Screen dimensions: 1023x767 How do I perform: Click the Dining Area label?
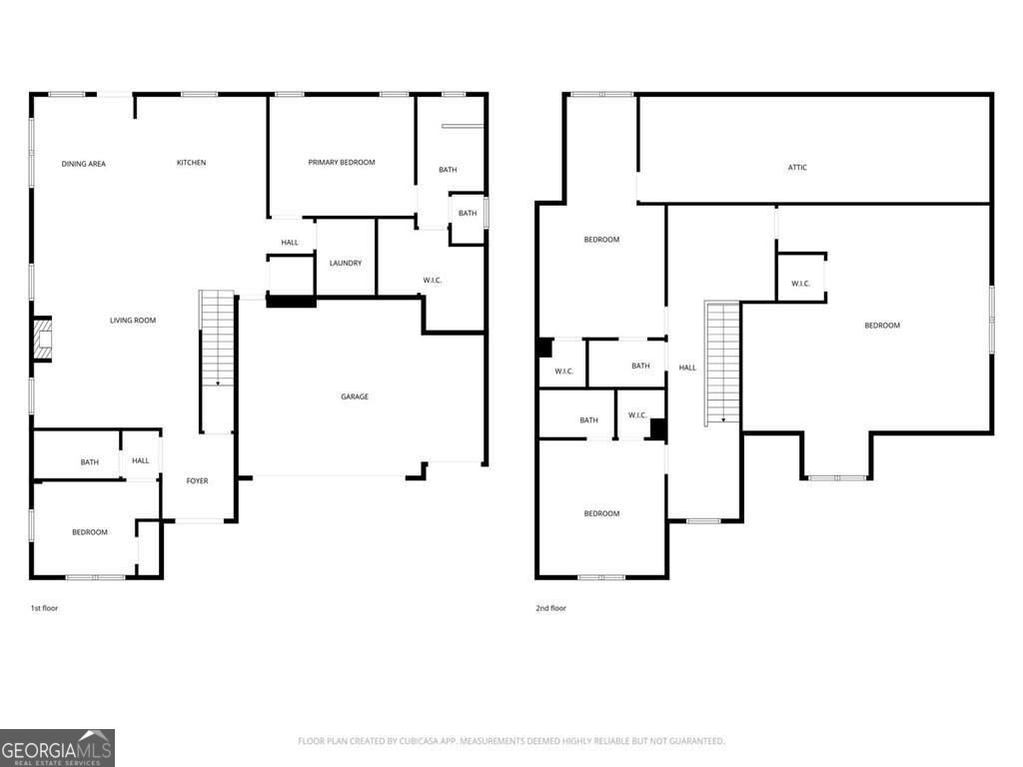coord(84,164)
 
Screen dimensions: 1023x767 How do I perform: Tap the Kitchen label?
coord(191,163)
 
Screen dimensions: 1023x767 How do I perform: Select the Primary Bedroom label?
coord(342,163)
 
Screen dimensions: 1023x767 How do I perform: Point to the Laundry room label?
coord(345,263)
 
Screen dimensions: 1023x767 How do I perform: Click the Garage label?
coord(355,396)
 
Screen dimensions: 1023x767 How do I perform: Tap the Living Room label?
coord(133,321)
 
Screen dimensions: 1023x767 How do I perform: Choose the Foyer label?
coord(197,480)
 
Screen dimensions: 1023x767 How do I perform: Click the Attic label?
coord(797,168)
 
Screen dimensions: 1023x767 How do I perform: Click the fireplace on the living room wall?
coord(42,338)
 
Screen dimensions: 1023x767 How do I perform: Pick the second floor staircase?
coord(721,363)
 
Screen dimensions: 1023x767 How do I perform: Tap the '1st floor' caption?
coord(44,608)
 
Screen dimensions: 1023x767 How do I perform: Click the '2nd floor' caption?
coord(551,608)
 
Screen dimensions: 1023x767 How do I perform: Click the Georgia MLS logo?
coord(57,748)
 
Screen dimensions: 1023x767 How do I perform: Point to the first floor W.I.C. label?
coord(432,281)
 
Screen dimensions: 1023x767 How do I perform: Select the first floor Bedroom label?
coord(89,532)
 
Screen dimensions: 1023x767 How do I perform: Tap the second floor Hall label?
coord(687,368)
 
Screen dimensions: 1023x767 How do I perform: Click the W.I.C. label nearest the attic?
coord(800,284)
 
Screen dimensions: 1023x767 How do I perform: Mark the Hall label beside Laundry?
coord(290,243)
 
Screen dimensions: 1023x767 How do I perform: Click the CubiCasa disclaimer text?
coord(511,741)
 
